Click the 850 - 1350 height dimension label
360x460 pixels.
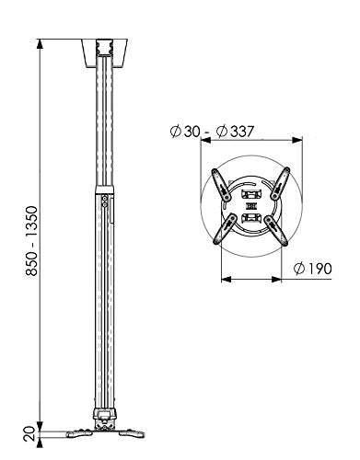(31, 241)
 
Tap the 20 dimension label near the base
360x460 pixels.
(30, 433)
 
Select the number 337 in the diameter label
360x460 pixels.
(242, 132)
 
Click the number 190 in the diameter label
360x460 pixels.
(319, 269)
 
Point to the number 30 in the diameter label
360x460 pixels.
(192, 132)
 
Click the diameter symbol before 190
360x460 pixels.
(299, 269)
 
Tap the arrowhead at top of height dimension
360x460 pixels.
(40, 44)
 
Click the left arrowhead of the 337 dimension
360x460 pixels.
(205, 140)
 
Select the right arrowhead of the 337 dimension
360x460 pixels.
(297, 140)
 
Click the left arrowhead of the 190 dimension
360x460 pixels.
(226, 279)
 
